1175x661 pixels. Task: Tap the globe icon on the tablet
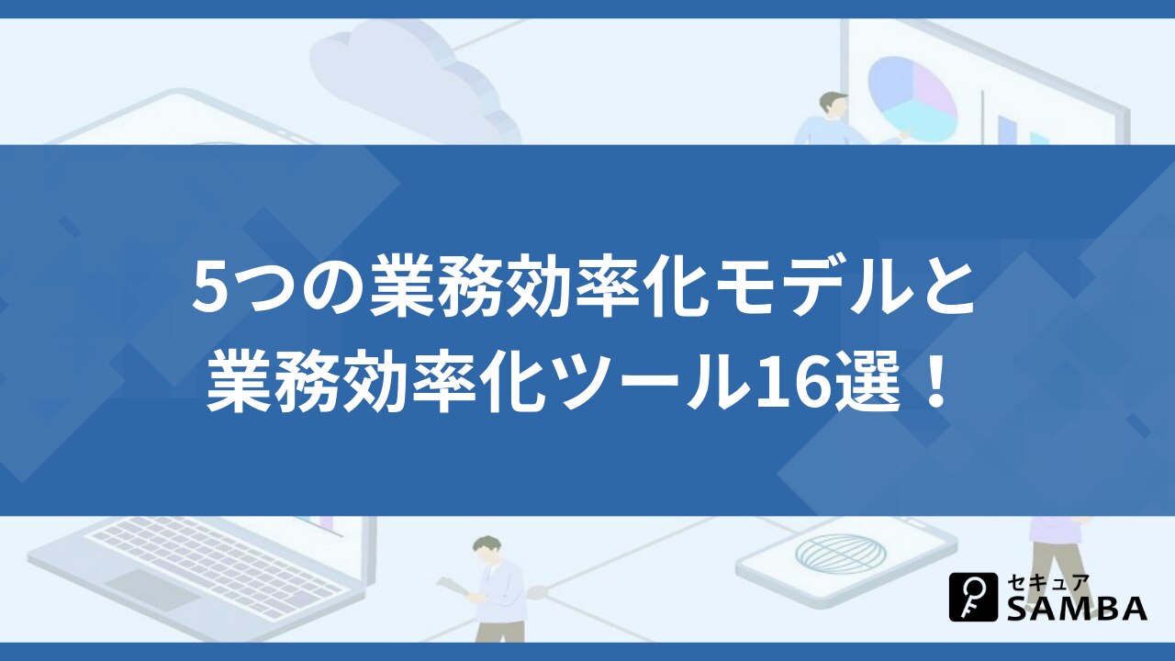[840, 555]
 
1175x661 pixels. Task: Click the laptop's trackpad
[151, 588]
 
